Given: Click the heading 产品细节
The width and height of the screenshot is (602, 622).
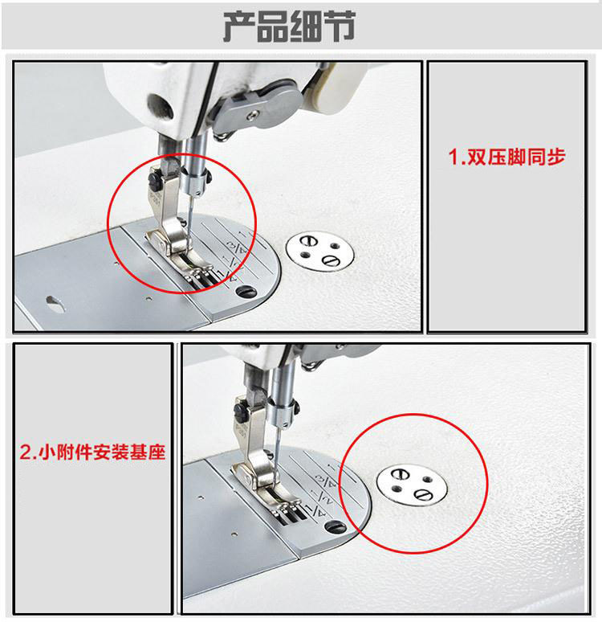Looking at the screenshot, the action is [x=289, y=27].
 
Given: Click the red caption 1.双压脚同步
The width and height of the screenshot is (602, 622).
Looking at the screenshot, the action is [x=506, y=157].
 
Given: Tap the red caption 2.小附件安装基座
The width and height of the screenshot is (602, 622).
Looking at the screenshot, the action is [x=92, y=452].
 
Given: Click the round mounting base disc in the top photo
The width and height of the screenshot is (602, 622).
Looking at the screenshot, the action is [x=319, y=252].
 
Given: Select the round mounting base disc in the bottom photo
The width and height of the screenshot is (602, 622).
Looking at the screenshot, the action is [x=412, y=485].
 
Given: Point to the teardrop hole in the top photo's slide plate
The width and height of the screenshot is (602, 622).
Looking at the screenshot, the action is [x=55, y=303].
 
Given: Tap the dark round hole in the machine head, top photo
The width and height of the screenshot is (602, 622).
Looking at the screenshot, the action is [x=160, y=106].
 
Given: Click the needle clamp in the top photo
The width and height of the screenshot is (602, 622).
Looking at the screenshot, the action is [x=195, y=180].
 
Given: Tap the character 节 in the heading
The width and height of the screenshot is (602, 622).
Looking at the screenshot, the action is [x=340, y=27].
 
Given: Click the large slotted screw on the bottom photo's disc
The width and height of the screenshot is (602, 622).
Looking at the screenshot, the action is [x=421, y=495].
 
